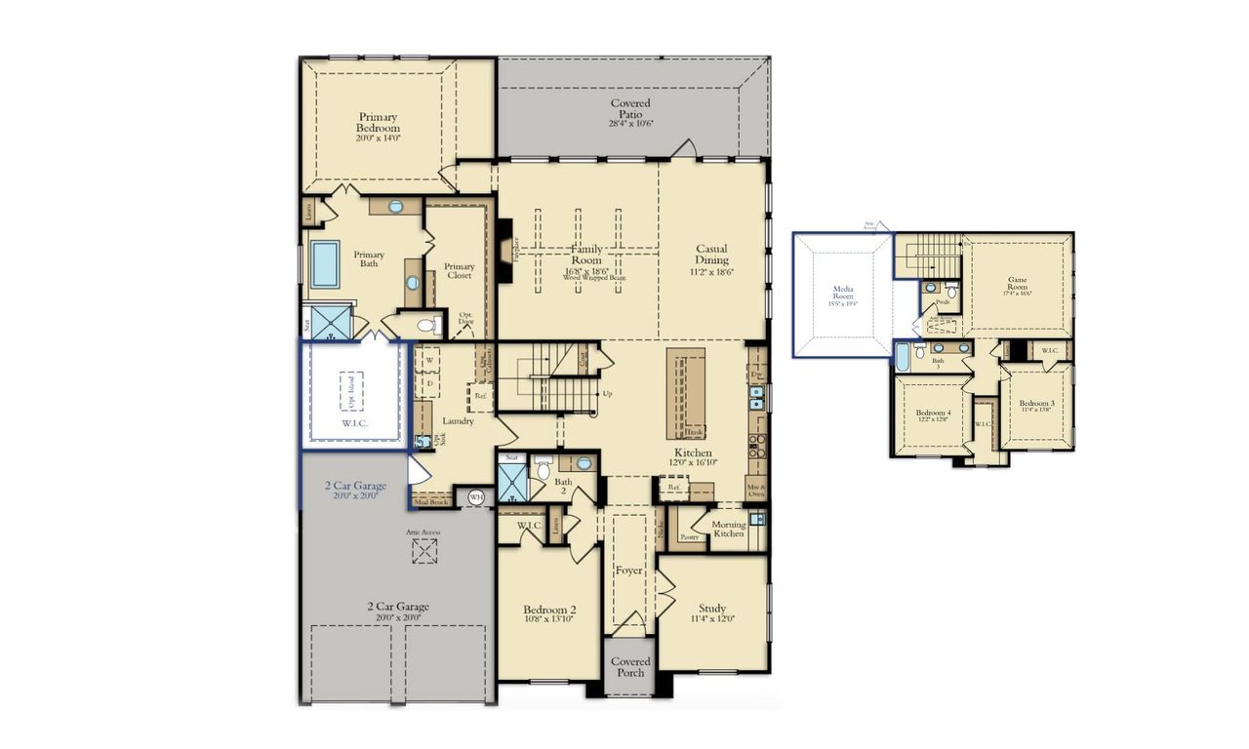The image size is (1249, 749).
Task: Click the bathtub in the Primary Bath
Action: pos(325,263)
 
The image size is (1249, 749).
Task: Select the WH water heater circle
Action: pos(476,497)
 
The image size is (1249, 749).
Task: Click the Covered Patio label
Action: pos(630,108)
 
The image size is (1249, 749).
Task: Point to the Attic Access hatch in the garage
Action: pos(423,551)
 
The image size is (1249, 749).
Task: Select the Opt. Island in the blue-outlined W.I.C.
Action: pos(351,391)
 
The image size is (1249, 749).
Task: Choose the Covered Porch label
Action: pos(630,667)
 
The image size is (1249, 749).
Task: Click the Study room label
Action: pos(711,609)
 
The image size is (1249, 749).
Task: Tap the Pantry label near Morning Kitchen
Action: pos(689,536)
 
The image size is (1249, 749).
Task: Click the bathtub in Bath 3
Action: pos(903,357)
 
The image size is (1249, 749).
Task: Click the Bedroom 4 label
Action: pos(933,414)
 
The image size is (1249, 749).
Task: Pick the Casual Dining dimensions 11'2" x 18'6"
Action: pos(711,273)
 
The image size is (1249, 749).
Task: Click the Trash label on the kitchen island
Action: pos(694,430)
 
